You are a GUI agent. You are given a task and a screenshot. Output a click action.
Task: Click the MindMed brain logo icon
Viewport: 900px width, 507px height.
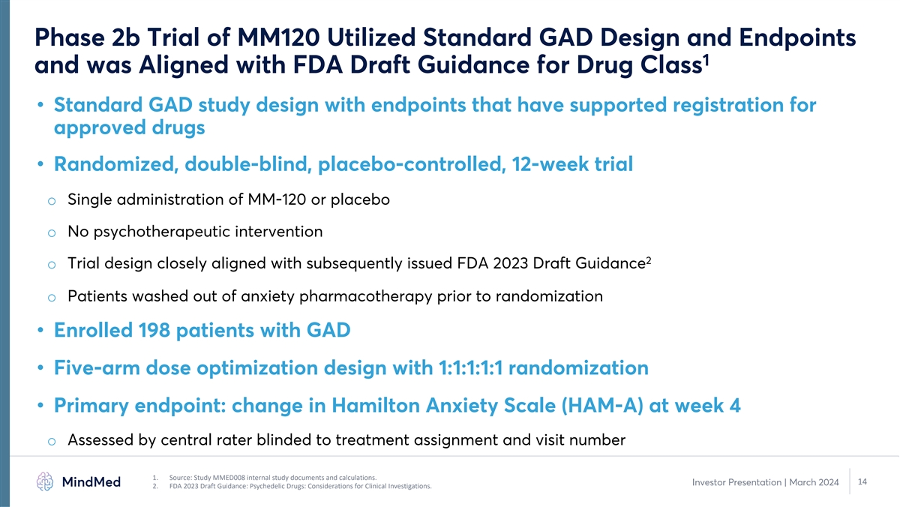(x=44, y=481)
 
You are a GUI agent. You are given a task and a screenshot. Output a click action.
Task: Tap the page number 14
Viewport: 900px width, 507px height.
(x=862, y=481)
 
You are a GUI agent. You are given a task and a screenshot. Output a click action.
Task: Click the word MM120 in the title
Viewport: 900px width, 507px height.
(x=278, y=37)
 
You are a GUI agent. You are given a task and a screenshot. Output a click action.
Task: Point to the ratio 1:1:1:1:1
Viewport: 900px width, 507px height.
(x=470, y=367)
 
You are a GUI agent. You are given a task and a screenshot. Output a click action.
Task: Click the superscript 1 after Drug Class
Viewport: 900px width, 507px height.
(x=706, y=59)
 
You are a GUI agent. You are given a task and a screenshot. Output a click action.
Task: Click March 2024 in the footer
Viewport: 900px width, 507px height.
(x=814, y=482)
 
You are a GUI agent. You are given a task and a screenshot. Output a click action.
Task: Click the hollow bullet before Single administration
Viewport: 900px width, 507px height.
(x=52, y=201)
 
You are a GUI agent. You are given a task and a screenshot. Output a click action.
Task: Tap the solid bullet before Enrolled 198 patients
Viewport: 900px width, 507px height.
(x=40, y=330)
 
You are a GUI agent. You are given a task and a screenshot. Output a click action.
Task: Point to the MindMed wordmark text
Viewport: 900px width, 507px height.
(x=91, y=481)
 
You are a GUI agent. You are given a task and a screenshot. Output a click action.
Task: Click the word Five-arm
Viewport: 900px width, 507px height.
(x=97, y=367)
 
